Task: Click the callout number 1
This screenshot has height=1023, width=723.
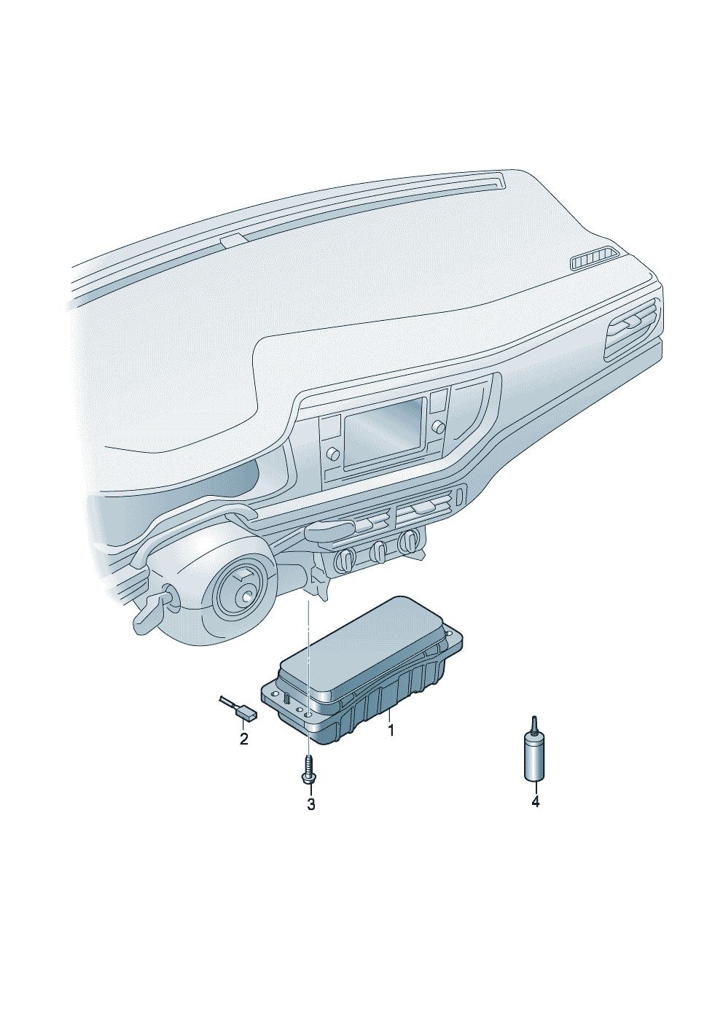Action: tap(391, 730)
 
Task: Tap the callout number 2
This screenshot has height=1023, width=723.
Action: tap(244, 739)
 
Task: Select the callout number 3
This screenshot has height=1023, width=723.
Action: tap(311, 804)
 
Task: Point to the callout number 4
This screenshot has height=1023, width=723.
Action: tap(536, 801)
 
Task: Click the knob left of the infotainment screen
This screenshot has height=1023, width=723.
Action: tap(335, 454)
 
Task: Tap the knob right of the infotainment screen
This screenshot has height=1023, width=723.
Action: tap(439, 426)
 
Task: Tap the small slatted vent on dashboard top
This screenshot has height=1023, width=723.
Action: tap(595, 259)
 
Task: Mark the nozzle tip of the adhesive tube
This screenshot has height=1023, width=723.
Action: tap(534, 721)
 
